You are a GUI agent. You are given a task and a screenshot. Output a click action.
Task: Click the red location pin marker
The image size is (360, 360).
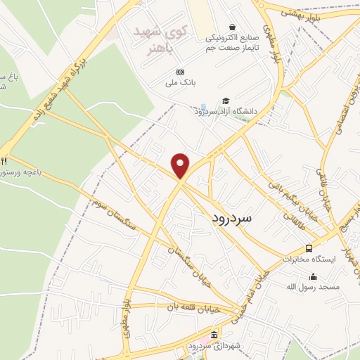(x=181, y=165)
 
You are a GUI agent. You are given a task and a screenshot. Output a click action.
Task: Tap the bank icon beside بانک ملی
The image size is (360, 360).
(x=180, y=72)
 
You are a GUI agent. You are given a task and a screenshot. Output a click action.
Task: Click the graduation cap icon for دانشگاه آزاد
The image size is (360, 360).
(x=226, y=100)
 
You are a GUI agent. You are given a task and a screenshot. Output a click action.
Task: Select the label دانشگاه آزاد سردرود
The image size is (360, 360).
(x=226, y=111)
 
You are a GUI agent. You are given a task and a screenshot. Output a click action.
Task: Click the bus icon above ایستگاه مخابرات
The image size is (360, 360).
(x=309, y=248)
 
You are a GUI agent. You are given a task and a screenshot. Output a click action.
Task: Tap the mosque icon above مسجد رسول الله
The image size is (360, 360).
(x=313, y=276)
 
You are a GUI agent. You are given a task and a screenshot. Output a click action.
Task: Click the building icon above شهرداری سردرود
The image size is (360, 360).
(x=214, y=335)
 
